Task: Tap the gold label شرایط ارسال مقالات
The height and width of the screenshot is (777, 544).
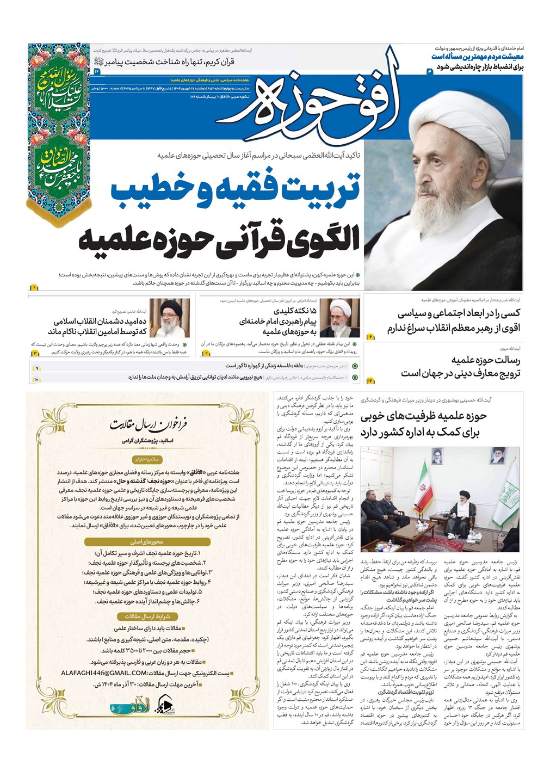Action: tap(147, 616)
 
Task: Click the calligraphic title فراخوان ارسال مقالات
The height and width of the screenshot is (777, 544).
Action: tap(148, 425)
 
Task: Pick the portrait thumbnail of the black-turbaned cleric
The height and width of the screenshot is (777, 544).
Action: tap(169, 318)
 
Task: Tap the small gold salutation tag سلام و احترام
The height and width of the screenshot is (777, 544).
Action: tap(147, 460)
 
